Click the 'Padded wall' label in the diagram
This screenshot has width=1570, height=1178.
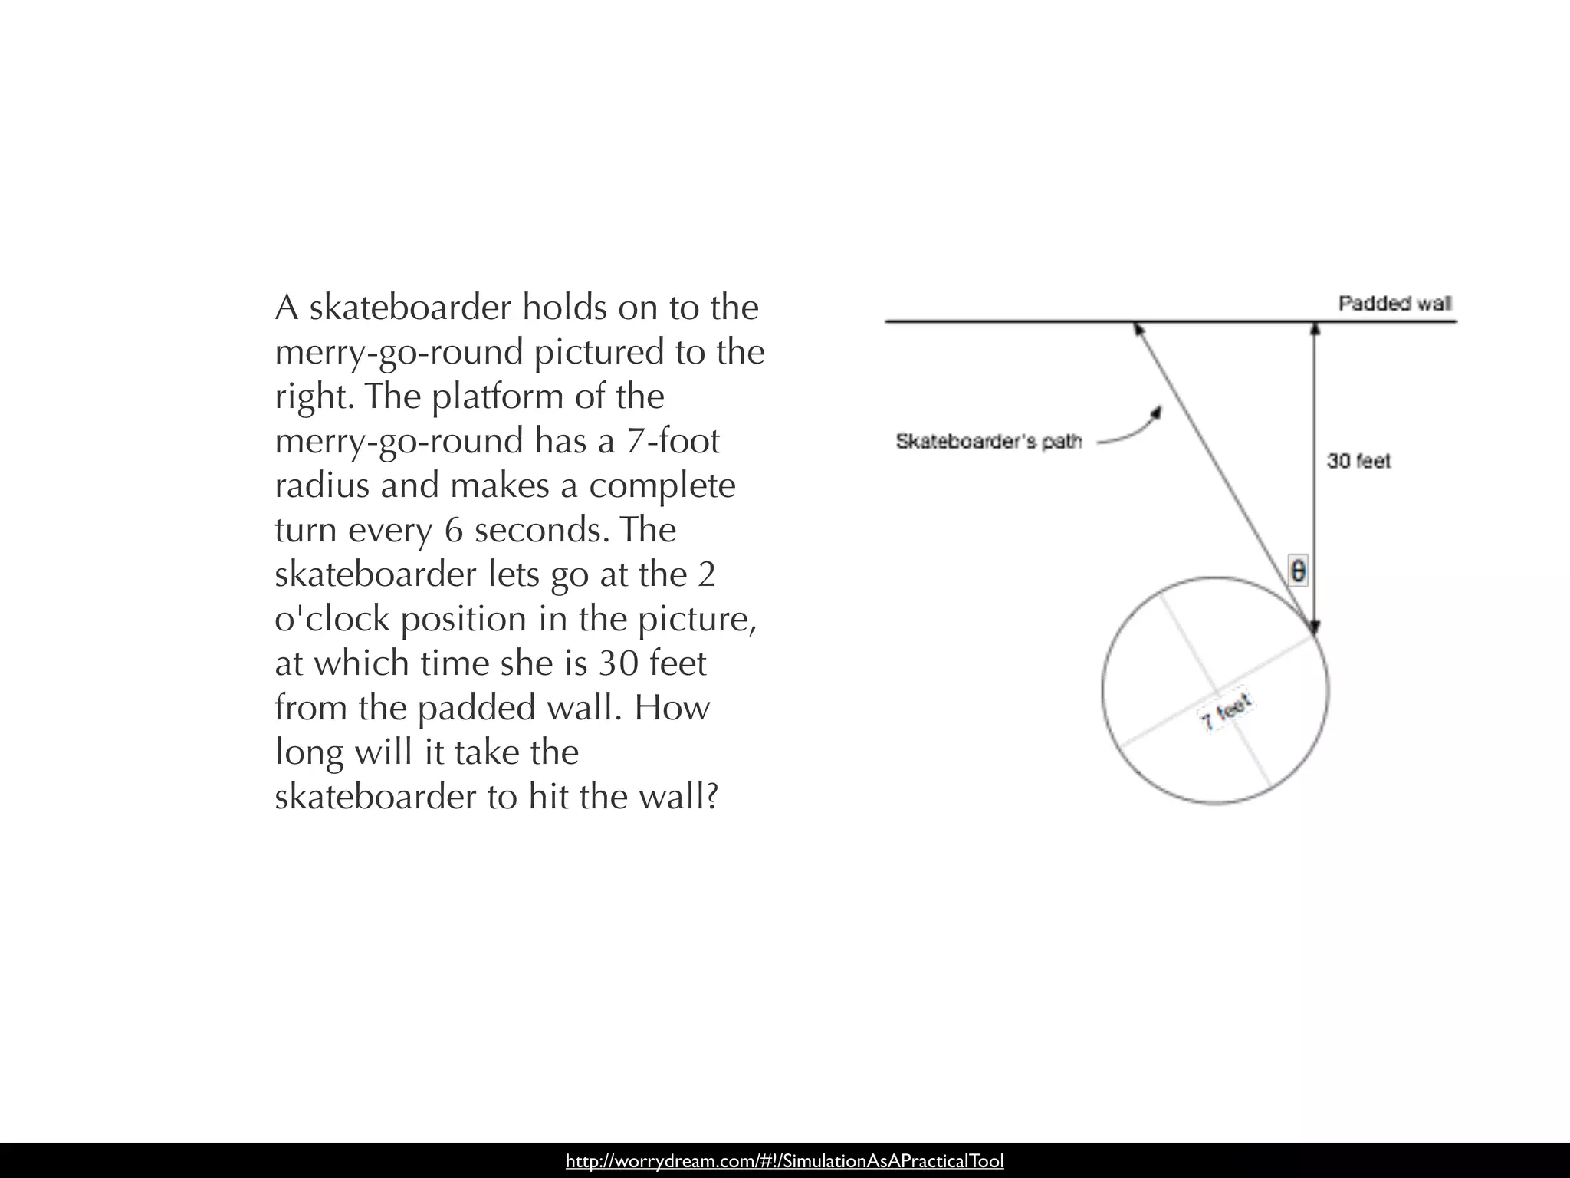tap(1394, 304)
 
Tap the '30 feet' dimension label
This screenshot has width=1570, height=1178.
tap(1358, 461)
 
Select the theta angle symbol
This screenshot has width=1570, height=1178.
tap(1298, 571)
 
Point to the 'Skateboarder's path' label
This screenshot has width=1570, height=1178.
tap(988, 442)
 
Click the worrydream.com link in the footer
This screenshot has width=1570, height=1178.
tap(784, 1161)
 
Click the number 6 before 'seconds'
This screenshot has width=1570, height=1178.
tap(454, 530)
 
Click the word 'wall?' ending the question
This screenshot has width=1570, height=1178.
tap(677, 797)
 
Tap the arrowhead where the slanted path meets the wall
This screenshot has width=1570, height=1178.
tap(1139, 328)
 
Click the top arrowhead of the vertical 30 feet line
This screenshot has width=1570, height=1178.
tap(1315, 328)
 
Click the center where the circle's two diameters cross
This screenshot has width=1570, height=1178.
tap(1216, 689)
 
